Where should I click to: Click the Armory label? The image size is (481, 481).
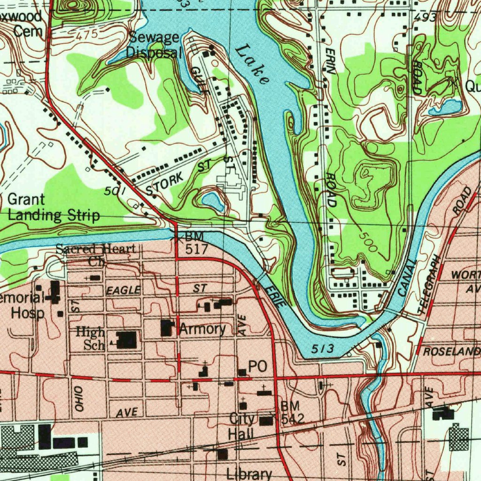pyautogui.click(x=202, y=329)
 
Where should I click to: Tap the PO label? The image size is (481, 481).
pyautogui.click(x=257, y=366)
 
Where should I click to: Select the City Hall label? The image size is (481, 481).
pyautogui.click(x=242, y=426)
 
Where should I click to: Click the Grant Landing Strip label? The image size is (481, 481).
pyautogui.click(x=54, y=208)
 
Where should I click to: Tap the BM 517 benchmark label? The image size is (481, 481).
pyautogui.click(x=195, y=242)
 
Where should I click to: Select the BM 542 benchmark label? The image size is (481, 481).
pyautogui.click(x=293, y=412)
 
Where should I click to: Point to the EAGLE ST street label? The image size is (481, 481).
pyautogui.click(x=124, y=291)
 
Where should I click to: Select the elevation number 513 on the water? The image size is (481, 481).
pyautogui.click(x=323, y=349)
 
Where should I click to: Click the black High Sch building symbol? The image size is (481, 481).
pyautogui.click(x=126, y=340)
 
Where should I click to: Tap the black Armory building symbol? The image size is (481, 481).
pyautogui.click(x=166, y=328)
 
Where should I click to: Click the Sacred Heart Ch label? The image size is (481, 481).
pyautogui.click(x=96, y=254)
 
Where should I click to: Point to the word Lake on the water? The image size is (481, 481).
pyautogui.click(x=253, y=64)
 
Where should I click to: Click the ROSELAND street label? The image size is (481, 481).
pyautogui.click(x=451, y=351)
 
